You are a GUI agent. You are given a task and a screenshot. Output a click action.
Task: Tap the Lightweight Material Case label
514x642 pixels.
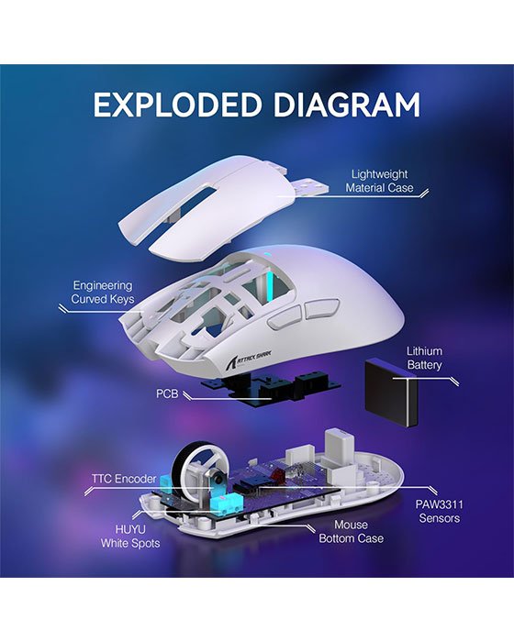[x=379, y=180]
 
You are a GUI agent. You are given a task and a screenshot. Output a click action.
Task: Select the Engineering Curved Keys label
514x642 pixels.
[x=102, y=292]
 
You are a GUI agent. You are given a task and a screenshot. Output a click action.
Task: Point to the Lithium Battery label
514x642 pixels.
[x=425, y=359]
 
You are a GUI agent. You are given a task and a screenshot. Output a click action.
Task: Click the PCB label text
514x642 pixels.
[x=167, y=394]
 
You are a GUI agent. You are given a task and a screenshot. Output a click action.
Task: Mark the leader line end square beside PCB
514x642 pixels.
[x=187, y=394]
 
